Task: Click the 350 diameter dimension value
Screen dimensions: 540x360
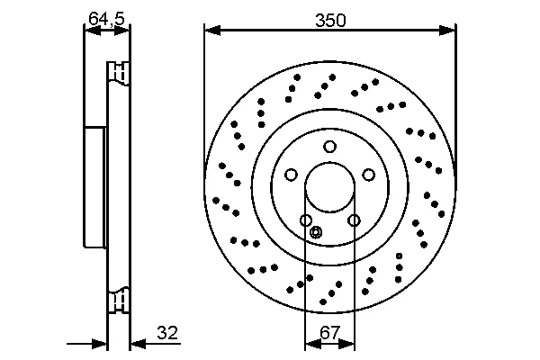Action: point(330,21)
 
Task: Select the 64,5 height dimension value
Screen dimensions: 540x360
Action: point(106,18)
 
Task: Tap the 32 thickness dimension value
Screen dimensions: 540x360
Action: point(167,333)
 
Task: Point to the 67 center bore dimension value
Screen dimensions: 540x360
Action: point(330,333)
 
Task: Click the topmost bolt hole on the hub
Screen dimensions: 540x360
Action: point(329,147)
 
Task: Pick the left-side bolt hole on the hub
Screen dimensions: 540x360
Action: point(291,175)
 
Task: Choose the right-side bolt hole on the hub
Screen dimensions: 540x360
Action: point(369,175)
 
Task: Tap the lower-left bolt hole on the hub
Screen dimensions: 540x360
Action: point(306,220)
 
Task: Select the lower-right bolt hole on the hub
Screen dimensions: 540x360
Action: point(354,220)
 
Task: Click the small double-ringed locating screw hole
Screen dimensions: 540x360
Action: point(316,232)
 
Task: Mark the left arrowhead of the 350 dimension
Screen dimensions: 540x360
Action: point(212,31)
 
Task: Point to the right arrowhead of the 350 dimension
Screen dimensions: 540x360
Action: point(447,31)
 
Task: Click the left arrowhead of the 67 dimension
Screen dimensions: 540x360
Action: point(313,344)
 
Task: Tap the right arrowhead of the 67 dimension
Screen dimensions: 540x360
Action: point(346,344)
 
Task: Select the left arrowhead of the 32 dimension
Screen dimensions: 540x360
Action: point(100,344)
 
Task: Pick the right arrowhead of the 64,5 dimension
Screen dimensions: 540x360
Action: point(121,31)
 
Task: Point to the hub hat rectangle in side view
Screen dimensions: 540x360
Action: point(94,186)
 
